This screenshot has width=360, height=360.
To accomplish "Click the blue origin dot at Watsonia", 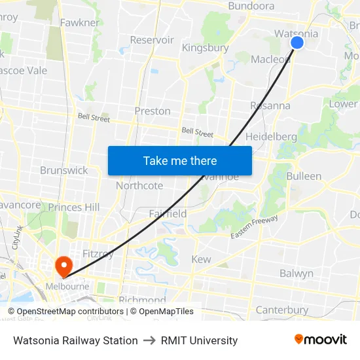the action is pyautogui.click(x=297, y=43).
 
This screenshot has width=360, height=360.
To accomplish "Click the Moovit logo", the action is pyautogui.click(x=321, y=340).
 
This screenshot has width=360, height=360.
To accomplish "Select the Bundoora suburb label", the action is pyautogui.click(x=251, y=6).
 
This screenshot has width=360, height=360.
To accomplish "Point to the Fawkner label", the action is pyautogui.click(x=79, y=23).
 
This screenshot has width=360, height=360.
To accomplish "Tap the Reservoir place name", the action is pyautogui.click(x=152, y=40).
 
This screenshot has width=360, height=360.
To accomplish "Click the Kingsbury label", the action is pyautogui.click(x=205, y=48).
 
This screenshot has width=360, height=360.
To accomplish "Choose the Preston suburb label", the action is pyautogui.click(x=153, y=111).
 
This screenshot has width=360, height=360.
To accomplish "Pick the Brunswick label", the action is pyautogui.click(x=63, y=170).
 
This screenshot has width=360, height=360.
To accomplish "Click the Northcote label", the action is pyautogui.click(x=139, y=186).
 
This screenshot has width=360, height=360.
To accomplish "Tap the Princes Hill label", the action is pyautogui.click(x=74, y=207).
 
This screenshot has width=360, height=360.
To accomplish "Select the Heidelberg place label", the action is pyautogui.click(x=271, y=137).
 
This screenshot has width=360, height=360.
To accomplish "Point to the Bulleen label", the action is pyautogui.click(x=304, y=176).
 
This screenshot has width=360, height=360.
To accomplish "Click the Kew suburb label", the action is pyautogui.click(x=201, y=259).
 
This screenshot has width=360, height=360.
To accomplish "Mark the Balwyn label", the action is pyautogui.click(x=297, y=274).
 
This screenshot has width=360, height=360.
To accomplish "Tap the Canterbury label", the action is pyautogui.click(x=281, y=310).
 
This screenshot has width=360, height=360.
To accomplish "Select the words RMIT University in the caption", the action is pyautogui.click(x=199, y=340).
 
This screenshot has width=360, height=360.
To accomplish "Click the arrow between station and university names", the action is pyautogui.click(x=149, y=340).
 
